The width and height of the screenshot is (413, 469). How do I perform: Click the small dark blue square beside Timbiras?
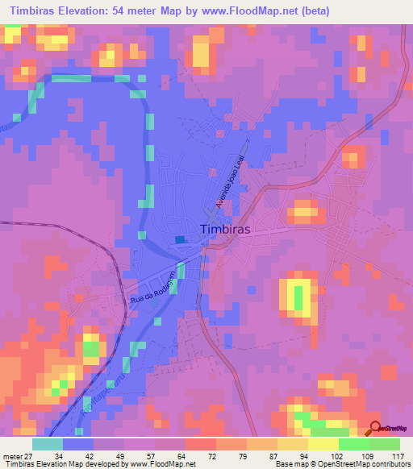click(179, 239)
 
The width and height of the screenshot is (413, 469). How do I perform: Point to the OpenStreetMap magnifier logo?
click(376, 428)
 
